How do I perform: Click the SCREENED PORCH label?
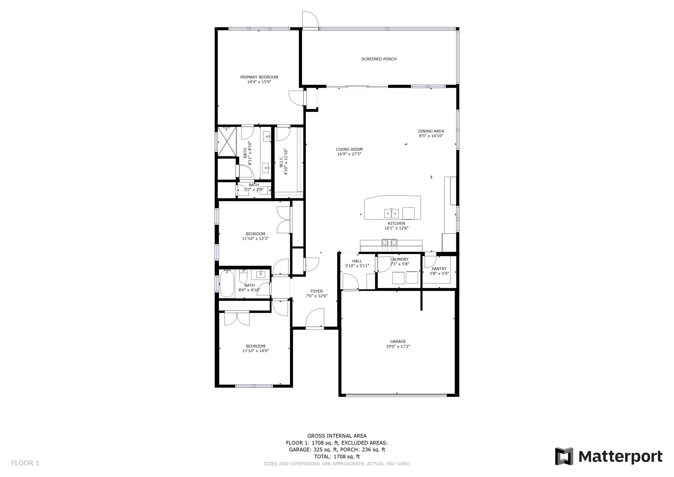[379, 59]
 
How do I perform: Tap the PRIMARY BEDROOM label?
[259, 77]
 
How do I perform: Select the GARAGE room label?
[398, 342]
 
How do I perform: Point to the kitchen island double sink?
[391, 213]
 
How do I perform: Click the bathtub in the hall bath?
[227, 284]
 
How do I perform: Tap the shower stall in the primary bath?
[227, 142]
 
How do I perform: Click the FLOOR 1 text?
[25, 463]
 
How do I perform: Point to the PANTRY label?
[439, 269]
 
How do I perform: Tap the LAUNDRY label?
[399, 259]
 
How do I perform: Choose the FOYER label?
[317, 291]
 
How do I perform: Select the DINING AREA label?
[431, 131]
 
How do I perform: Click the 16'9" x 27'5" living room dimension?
[349, 154]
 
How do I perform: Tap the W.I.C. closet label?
[281, 162]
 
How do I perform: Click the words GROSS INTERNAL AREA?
[337, 436]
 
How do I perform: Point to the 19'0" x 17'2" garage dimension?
[398, 346]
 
